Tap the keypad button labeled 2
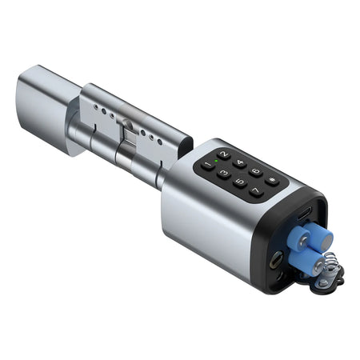pos(223,154)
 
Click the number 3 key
pos(223,172)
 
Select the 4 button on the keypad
pos(239,162)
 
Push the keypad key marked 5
pos(239,182)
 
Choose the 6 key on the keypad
pos(255,171)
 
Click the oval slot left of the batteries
pos(275,259)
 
